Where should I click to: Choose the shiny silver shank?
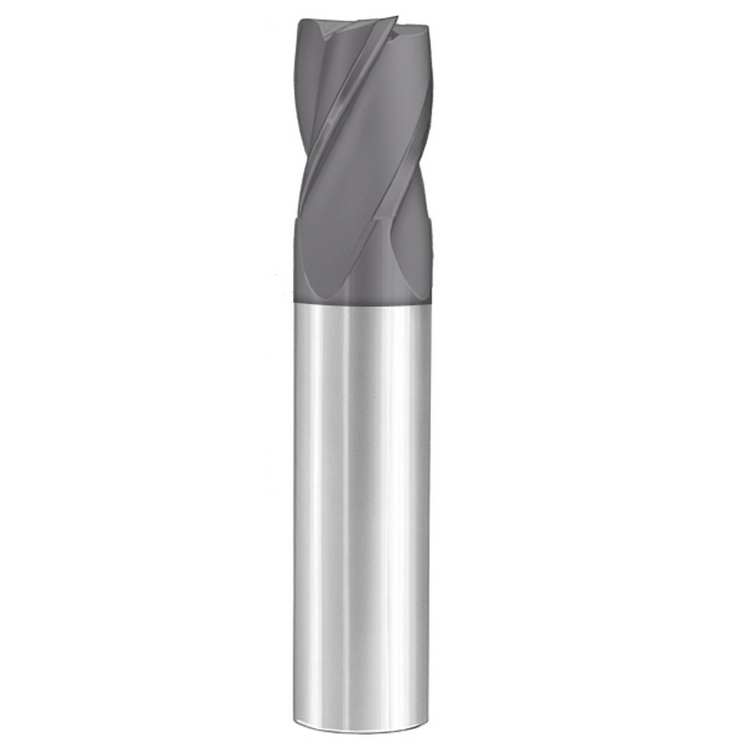(x=362, y=497)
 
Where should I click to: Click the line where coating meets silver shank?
(x=362, y=304)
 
